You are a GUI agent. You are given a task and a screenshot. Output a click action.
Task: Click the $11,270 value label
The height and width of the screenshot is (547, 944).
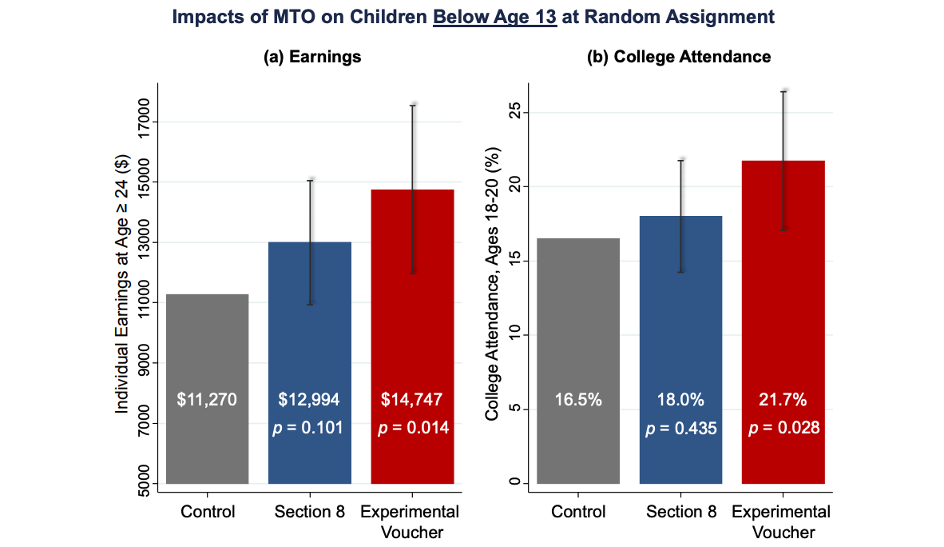(x=207, y=399)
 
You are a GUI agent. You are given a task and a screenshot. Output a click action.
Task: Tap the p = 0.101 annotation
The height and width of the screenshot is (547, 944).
(x=308, y=428)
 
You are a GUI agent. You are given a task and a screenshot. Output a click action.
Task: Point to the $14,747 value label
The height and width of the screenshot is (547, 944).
(x=413, y=399)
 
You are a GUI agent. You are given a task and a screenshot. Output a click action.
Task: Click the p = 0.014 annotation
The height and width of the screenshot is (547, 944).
(x=413, y=428)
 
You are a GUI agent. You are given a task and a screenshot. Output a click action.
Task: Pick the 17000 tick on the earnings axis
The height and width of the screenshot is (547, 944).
(x=144, y=122)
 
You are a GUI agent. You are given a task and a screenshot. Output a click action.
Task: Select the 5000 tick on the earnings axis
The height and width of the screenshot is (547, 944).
(x=144, y=483)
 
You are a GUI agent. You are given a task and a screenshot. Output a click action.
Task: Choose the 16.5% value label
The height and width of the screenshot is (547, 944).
(x=578, y=399)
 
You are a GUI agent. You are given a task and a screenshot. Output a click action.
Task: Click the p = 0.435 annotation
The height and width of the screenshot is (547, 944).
(x=681, y=428)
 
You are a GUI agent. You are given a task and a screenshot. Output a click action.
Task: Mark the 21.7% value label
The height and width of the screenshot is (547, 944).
(x=783, y=399)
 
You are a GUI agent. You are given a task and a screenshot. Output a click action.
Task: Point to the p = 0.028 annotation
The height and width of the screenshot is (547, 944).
(x=783, y=428)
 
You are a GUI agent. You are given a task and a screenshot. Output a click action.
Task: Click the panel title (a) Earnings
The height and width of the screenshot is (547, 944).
(x=312, y=57)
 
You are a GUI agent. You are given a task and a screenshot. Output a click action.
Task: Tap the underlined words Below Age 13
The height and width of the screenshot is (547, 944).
(x=494, y=17)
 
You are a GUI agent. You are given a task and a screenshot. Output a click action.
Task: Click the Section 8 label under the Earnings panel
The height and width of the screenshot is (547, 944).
(x=309, y=512)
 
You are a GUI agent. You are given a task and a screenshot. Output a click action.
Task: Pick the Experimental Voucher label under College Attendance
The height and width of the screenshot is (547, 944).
(x=781, y=521)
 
